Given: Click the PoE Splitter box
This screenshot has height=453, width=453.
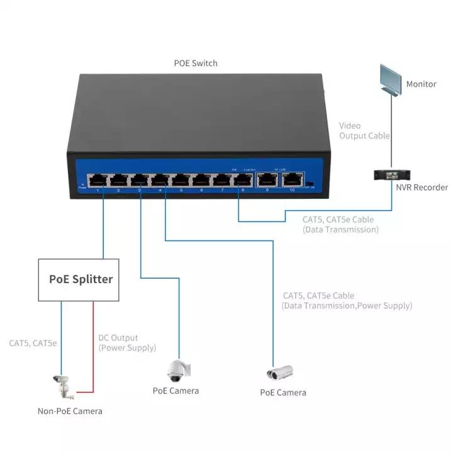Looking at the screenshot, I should coord(81,279).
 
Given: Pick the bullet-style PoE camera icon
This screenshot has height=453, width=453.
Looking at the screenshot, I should coord(280,373).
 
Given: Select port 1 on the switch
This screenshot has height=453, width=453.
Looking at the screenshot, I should coord(97,181).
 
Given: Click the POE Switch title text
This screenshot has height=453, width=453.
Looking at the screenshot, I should coord(196,64).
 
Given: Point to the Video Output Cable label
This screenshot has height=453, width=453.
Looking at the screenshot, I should coord(364,131).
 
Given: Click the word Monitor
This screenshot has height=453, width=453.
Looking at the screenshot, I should coord(421,84).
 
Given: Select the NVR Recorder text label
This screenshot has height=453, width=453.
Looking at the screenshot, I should coord(422,187).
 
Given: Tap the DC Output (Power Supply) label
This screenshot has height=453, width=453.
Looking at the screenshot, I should coord(127,343).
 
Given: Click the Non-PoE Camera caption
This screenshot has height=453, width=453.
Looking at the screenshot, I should coord(69,411).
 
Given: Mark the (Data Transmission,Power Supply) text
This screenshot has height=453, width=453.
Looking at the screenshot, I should coord(347,306).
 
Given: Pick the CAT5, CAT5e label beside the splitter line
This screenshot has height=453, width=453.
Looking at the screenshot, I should coord(33,344).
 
